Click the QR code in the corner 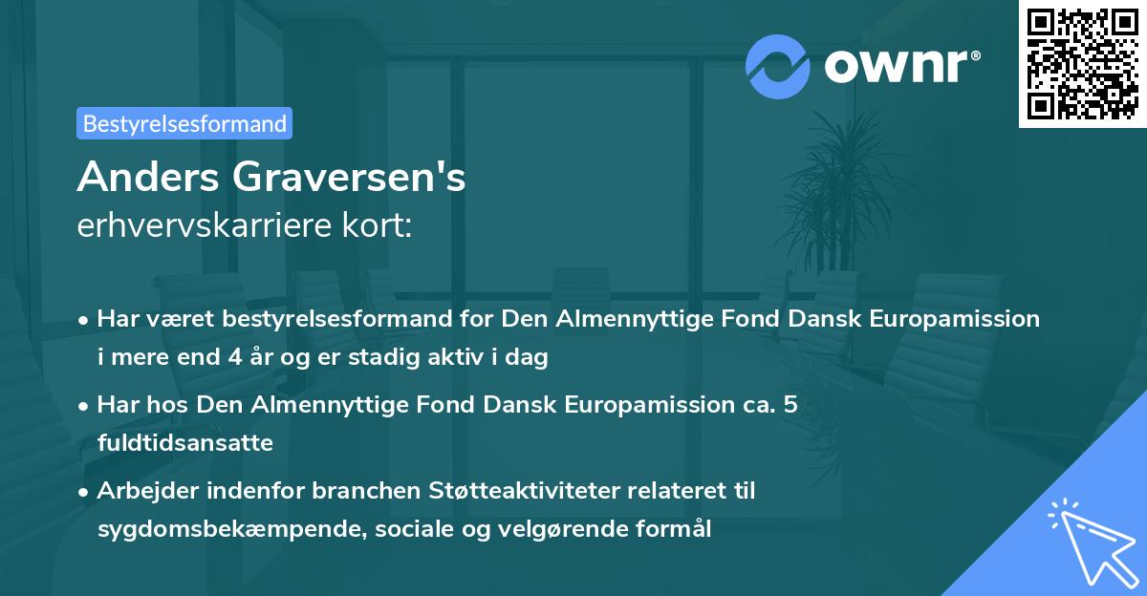pos(1082,64)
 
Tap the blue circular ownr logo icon pos(778,66)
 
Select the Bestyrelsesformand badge pos(184,123)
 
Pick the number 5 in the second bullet pos(790,405)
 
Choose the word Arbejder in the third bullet pos(144,491)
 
